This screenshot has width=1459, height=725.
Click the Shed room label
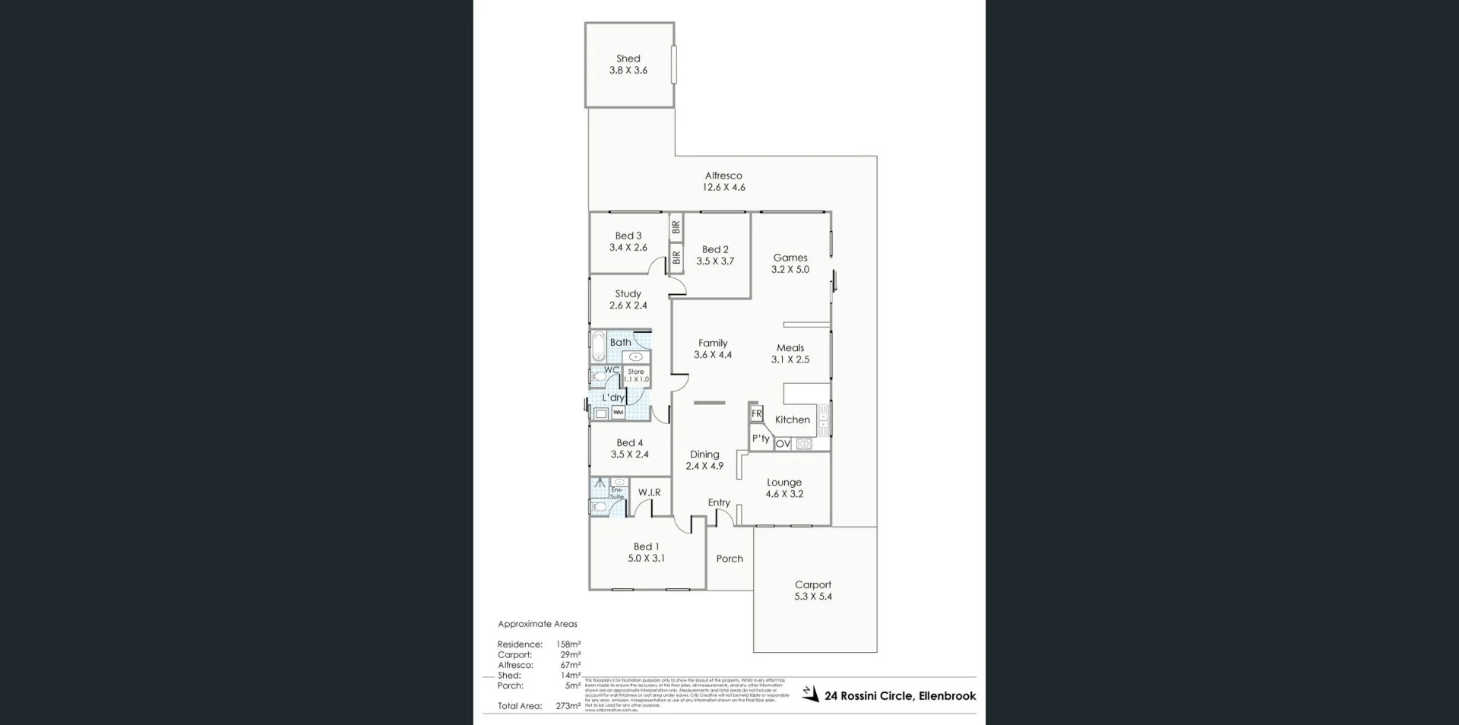pyautogui.click(x=628, y=59)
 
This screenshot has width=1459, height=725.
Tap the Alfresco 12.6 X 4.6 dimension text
pyautogui.click(x=723, y=187)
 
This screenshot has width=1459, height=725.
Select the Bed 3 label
pyautogui.click(x=628, y=236)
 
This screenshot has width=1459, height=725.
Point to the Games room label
pyautogui.click(x=790, y=258)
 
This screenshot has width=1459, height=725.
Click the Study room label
pyautogui.click(x=628, y=293)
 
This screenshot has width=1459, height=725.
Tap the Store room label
pyautogui.click(x=636, y=372)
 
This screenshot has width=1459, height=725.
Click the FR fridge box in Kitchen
pyautogui.click(x=757, y=413)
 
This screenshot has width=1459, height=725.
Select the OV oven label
pyautogui.click(x=783, y=444)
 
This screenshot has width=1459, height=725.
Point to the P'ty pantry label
pyautogui.click(x=761, y=438)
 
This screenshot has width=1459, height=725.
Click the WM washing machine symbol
pyautogui.click(x=618, y=413)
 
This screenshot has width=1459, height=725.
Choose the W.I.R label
pyautogui.click(x=649, y=492)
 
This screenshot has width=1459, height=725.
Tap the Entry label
pyautogui.click(x=719, y=502)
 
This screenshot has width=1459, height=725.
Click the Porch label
pyautogui.click(x=729, y=559)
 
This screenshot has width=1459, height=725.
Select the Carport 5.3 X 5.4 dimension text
pyautogui.click(x=813, y=597)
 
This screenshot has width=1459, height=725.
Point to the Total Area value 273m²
pyautogui.click(x=568, y=706)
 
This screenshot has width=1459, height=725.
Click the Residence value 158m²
pyautogui.click(x=568, y=644)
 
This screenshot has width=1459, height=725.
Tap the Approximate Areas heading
pyautogui.click(x=537, y=624)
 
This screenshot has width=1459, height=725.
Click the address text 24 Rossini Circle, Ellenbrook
pyautogui.click(x=900, y=695)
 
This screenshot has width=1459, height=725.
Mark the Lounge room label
pyautogui.click(x=784, y=482)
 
